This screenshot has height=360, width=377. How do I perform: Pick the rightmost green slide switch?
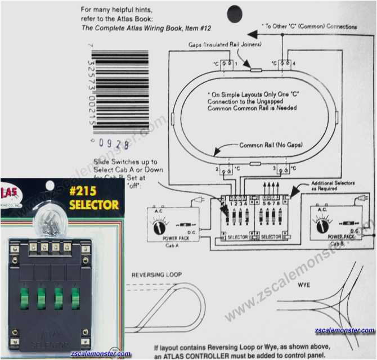click(75, 299)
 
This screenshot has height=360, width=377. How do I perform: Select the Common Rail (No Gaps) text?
click(271, 145)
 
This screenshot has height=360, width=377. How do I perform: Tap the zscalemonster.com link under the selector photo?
click(101, 354)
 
